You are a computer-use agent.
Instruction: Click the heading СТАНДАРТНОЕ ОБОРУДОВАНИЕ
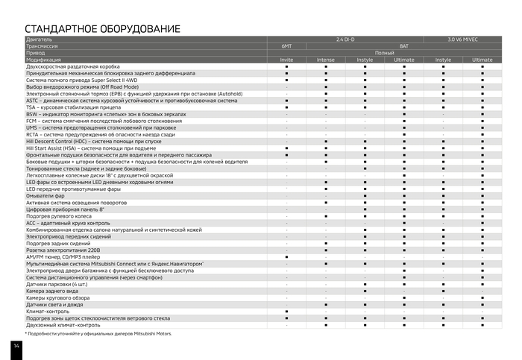point(102,28)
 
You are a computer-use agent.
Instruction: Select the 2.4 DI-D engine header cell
point(346,39)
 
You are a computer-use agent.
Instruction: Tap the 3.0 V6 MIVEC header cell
point(462,39)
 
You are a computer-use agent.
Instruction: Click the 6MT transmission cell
point(286,45)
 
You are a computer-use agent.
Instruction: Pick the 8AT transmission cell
point(403,45)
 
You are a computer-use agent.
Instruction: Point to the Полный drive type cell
point(384,53)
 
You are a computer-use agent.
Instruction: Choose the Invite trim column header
point(286,60)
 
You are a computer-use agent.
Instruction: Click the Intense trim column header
point(326,60)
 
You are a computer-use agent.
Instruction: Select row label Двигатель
point(40,39)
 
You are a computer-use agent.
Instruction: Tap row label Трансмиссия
point(43,45)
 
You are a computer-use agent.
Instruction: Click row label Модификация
point(44,60)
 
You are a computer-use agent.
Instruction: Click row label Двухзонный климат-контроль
point(63,325)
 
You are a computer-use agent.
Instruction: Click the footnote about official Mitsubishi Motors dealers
point(98,334)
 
